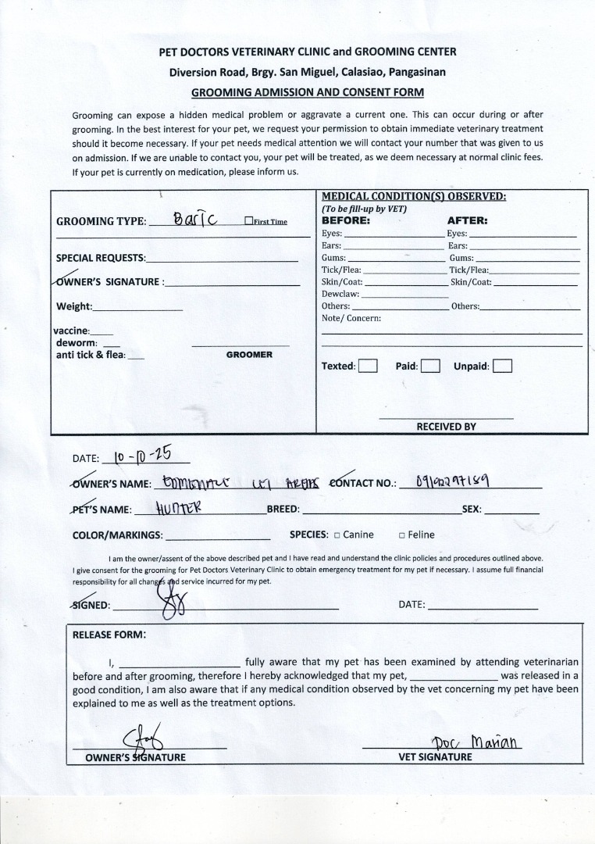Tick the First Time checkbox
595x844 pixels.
tap(248, 221)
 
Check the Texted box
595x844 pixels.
tap(368, 366)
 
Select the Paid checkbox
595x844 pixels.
tap(430, 366)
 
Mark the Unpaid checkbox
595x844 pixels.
tap(502, 366)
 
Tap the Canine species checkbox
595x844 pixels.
tap(337, 535)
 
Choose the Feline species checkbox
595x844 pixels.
tap(401, 535)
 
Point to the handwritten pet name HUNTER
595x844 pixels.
tap(180, 509)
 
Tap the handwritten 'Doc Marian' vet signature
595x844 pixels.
tap(476, 740)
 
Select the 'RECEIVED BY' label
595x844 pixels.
tap(446, 427)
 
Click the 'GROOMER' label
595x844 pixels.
tap(249, 355)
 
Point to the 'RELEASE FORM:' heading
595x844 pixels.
tap(109, 635)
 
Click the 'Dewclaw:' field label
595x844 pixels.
tap(340, 294)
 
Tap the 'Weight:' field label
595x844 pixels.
tap(74, 306)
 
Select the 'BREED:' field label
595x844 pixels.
tap(283, 510)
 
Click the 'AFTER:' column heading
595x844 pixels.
tap(467, 220)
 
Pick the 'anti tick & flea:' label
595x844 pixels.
tap(90, 355)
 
